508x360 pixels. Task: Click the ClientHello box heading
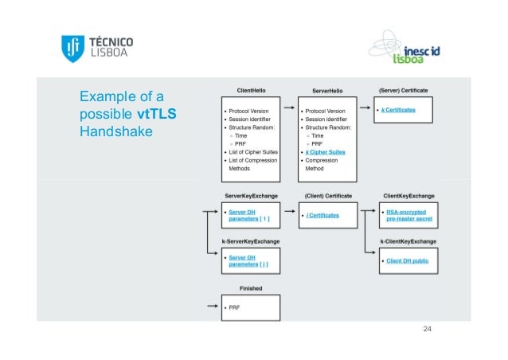(252, 91)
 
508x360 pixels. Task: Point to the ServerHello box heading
(327, 91)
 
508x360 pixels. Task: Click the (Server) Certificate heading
(404, 91)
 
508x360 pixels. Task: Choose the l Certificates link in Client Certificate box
(322, 215)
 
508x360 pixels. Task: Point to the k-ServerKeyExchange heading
(251, 241)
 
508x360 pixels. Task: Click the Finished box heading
(252, 288)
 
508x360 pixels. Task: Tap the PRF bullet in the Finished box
(235, 307)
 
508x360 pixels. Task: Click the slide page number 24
(428, 328)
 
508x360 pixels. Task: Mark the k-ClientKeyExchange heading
(408, 241)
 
